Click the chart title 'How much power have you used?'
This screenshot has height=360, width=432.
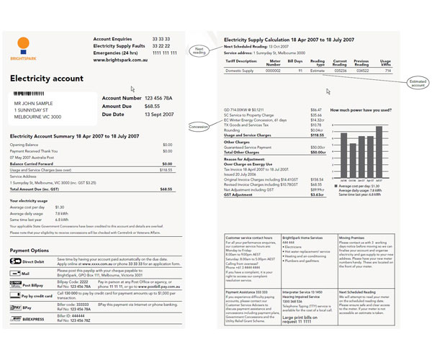point(359,110)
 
